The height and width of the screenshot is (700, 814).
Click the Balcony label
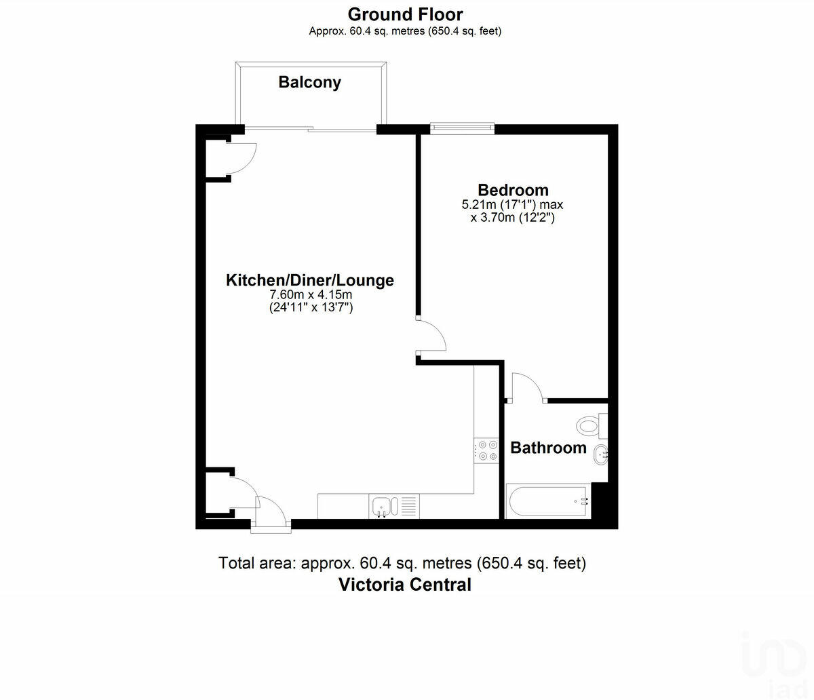(309, 83)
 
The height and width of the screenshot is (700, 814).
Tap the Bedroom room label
(513, 190)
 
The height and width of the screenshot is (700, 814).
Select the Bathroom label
(548, 448)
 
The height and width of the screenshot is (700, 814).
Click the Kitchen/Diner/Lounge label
(309, 280)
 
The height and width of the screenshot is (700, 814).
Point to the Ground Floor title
(405, 14)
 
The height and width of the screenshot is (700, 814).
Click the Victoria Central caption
(404, 585)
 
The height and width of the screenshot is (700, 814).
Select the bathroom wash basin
(601, 454)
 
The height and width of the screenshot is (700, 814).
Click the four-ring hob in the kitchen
(486, 450)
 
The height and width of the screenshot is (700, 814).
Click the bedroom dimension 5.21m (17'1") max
(512, 204)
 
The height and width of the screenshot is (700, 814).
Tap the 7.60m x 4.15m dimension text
(311, 295)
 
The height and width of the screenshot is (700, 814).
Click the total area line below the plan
(402, 563)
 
